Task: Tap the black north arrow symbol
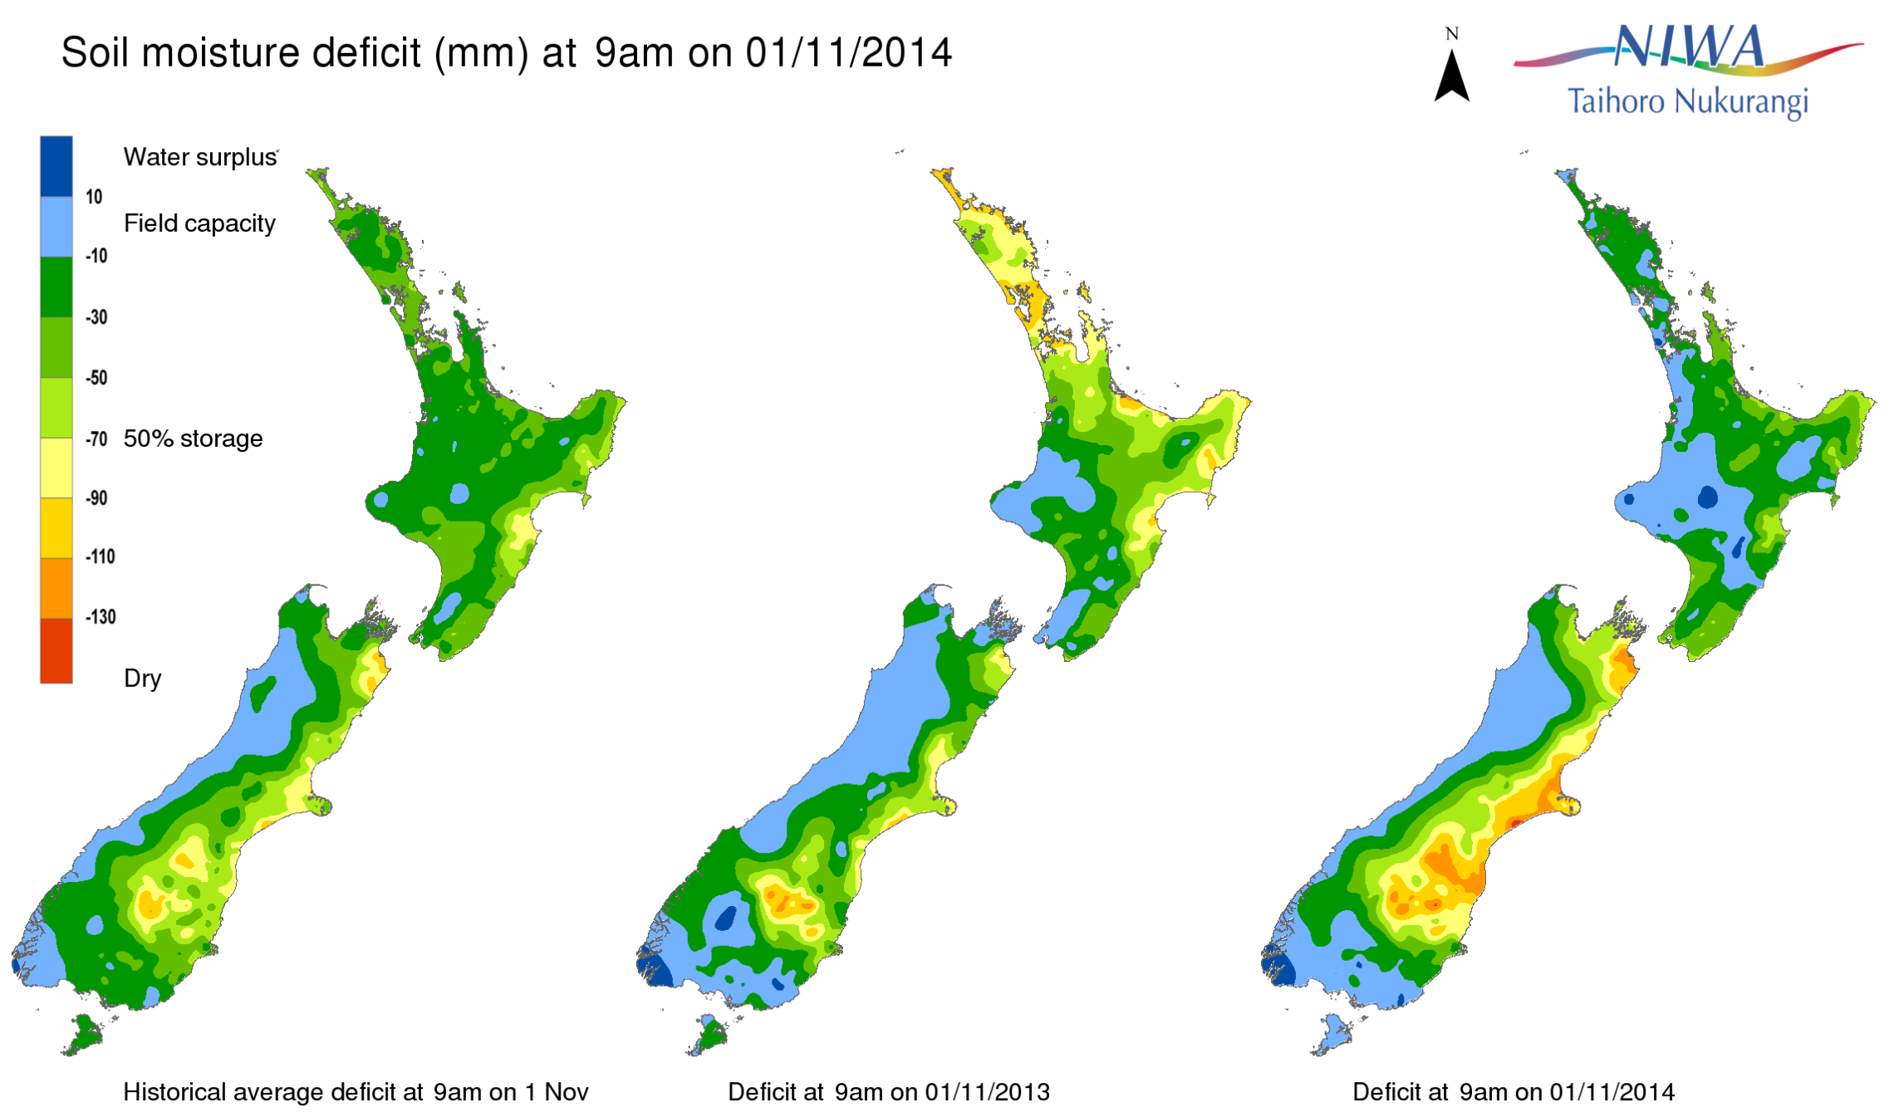click(x=1451, y=76)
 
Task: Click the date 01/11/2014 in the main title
click(x=848, y=52)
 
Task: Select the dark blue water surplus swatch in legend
click(x=56, y=166)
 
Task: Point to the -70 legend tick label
click(x=96, y=438)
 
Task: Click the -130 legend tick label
click(x=101, y=617)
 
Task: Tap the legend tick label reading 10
click(x=94, y=197)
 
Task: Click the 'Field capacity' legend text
click(x=199, y=223)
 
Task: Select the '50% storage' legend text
click(x=193, y=438)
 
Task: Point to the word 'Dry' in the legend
click(x=142, y=679)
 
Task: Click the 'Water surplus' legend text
click(x=200, y=157)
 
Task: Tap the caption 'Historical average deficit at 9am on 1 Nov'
click(x=356, y=1091)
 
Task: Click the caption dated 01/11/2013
click(x=889, y=1091)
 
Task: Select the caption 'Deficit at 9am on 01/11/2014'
click(x=1513, y=1091)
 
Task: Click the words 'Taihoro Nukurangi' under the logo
click(x=1687, y=102)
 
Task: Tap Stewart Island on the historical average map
click(x=83, y=1034)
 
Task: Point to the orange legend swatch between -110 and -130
click(x=56, y=588)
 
